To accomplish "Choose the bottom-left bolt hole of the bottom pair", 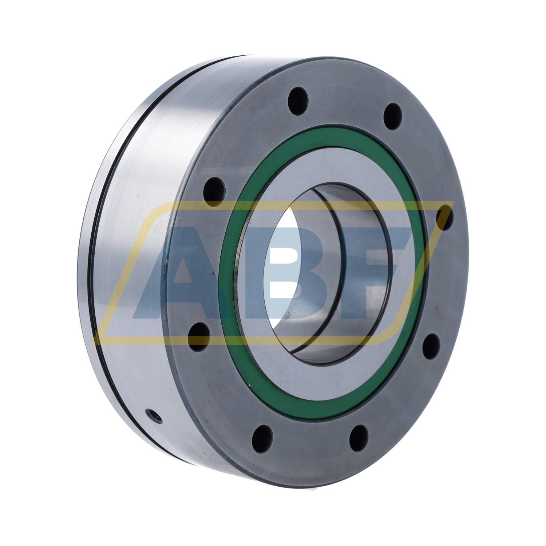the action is click(262, 436).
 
